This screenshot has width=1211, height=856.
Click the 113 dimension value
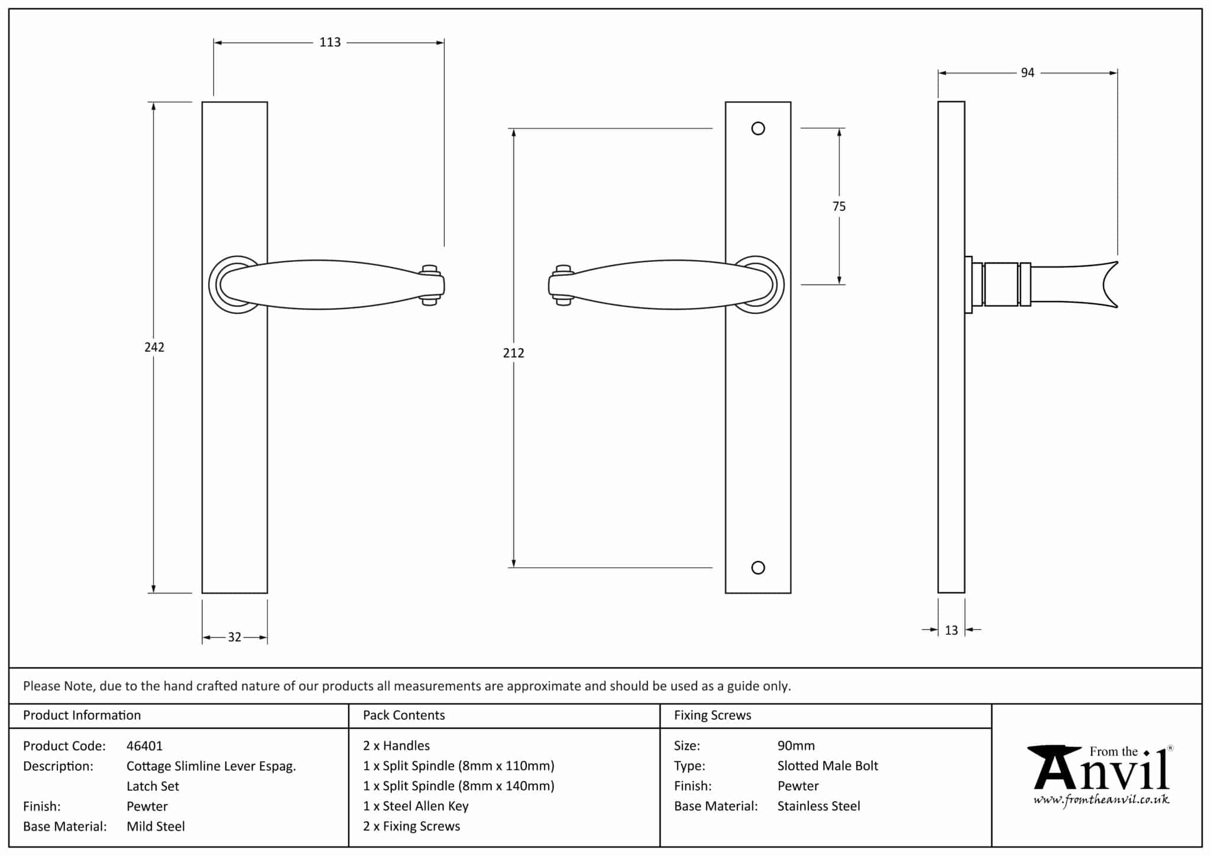[x=330, y=43]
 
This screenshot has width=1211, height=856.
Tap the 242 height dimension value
[x=154, y=347]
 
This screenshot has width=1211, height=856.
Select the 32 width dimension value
[x=235, y=637]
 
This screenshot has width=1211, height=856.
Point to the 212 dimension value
[x=513, y=353]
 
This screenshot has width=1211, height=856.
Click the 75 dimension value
[x=838, y=206]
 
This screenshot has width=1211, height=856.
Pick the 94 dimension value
[x=1028, y=73]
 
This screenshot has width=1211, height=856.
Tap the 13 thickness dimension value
[x=951, y=631]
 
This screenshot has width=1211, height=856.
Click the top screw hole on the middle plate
[x=758, y=128]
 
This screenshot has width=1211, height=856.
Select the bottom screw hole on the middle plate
[x=758, y=568]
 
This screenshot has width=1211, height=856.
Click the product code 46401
[x=144, y=746]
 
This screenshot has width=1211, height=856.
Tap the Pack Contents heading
[x=404, y=715]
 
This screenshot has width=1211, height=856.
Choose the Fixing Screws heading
[x=713, y=715]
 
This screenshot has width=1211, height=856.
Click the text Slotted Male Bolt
[x=827, y=766]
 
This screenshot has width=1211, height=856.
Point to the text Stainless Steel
[x=818, y=806]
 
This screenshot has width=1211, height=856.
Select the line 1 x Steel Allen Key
[x=416, y=806]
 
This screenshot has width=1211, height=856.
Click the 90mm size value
[x=796, y=746]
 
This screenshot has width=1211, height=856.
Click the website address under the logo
[x=1101, y=800]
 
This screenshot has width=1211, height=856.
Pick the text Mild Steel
[x=156, y=826]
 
